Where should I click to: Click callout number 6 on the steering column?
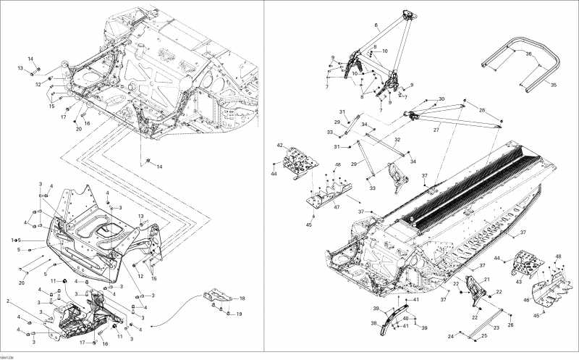[376, 25]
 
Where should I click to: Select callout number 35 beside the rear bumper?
[554, 85]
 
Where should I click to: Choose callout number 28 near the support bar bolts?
[483, 110]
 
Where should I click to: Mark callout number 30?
[441, 99]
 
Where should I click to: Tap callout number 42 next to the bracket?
[279, 146]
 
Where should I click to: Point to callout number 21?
[486, 280]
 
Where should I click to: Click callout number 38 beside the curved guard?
[374, 323]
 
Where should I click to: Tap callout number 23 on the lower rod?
[496, 327]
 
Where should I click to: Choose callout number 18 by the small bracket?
[242, 298]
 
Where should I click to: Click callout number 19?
[240, 314]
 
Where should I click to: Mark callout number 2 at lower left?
[8, 300]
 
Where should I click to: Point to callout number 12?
[141, 275]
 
